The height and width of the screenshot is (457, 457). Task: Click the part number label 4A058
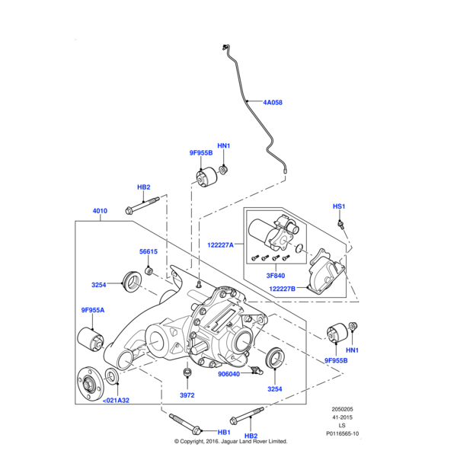tap(272, 101)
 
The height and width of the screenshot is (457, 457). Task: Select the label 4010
tap(100, 211)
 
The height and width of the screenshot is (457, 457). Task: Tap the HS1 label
tap(339, 206)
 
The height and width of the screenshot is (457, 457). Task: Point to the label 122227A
tap(222, 244)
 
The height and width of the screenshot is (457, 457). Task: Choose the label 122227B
tap(283, 289)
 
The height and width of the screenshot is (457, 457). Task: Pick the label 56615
tap(148, 252)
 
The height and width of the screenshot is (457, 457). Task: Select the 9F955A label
tap(94, 310)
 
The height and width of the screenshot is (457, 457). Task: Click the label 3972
tap(187, 396)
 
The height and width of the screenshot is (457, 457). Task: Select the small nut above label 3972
tap(187, 372)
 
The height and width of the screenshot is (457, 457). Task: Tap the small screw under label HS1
tap(344, 223)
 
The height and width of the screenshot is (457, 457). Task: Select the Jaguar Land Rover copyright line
tap(230, 441)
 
